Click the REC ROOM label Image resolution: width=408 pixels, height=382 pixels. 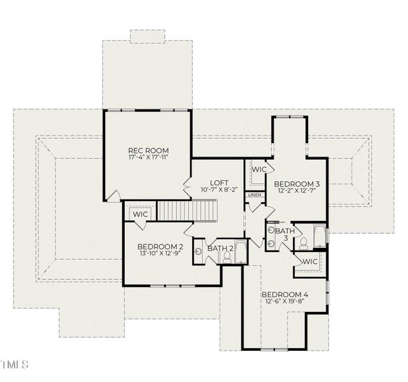(148, 151)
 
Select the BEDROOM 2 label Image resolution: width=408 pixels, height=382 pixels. (160, 246)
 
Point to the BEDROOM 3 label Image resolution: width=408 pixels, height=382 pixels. (297, 184)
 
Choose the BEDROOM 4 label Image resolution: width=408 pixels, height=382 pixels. (285, 294)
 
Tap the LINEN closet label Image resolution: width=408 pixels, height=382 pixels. (255, 194)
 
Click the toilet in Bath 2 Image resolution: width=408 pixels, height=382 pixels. (226, 257)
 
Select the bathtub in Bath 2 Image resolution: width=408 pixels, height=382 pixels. (241, 252)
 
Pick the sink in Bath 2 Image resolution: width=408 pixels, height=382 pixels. (199, 251)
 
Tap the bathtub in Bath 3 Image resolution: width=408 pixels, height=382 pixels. (319, 236)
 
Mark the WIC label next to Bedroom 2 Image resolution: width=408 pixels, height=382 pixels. (140, 215)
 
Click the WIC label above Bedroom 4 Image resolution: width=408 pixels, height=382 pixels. (310, 262)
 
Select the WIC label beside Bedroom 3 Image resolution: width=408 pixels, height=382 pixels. (259, 170)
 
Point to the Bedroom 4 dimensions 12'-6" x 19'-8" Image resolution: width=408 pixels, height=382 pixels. (285, 302)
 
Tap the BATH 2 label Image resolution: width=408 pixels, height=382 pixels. (221, 248)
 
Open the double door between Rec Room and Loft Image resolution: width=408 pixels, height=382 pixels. (188, 188)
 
